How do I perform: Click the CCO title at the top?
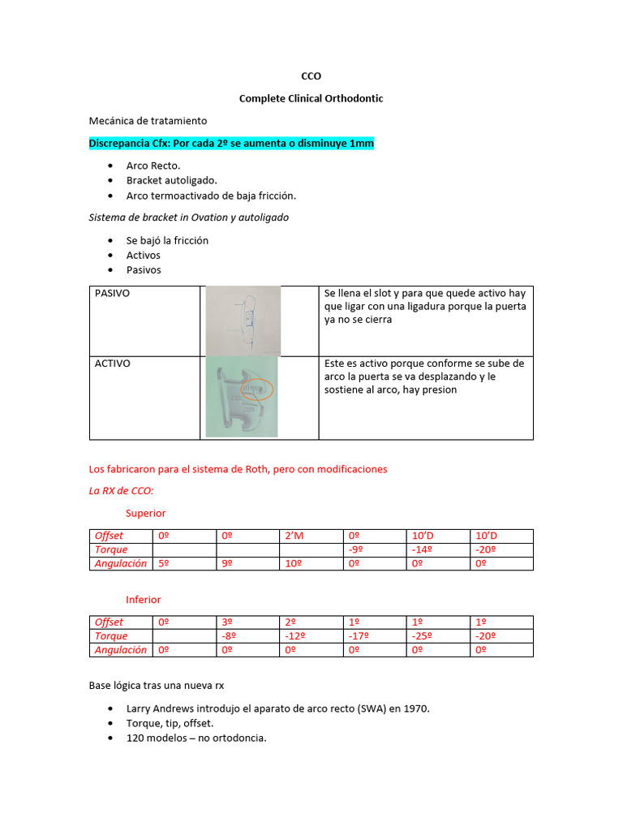point(311,76)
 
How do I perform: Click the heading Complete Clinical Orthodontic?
point(311,98)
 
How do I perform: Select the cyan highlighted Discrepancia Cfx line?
point(231,143)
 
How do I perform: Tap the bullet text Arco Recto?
point(153,166)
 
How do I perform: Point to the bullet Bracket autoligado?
point(171,180)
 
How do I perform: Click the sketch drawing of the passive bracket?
point(243,321)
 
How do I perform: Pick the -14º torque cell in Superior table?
point(423,549)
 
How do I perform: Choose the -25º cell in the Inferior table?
point(423,635)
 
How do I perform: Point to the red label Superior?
point(145,513)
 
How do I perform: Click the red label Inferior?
point(144,600)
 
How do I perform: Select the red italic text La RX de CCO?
point(121,491)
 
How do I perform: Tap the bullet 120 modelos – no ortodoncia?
point(196,738)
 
